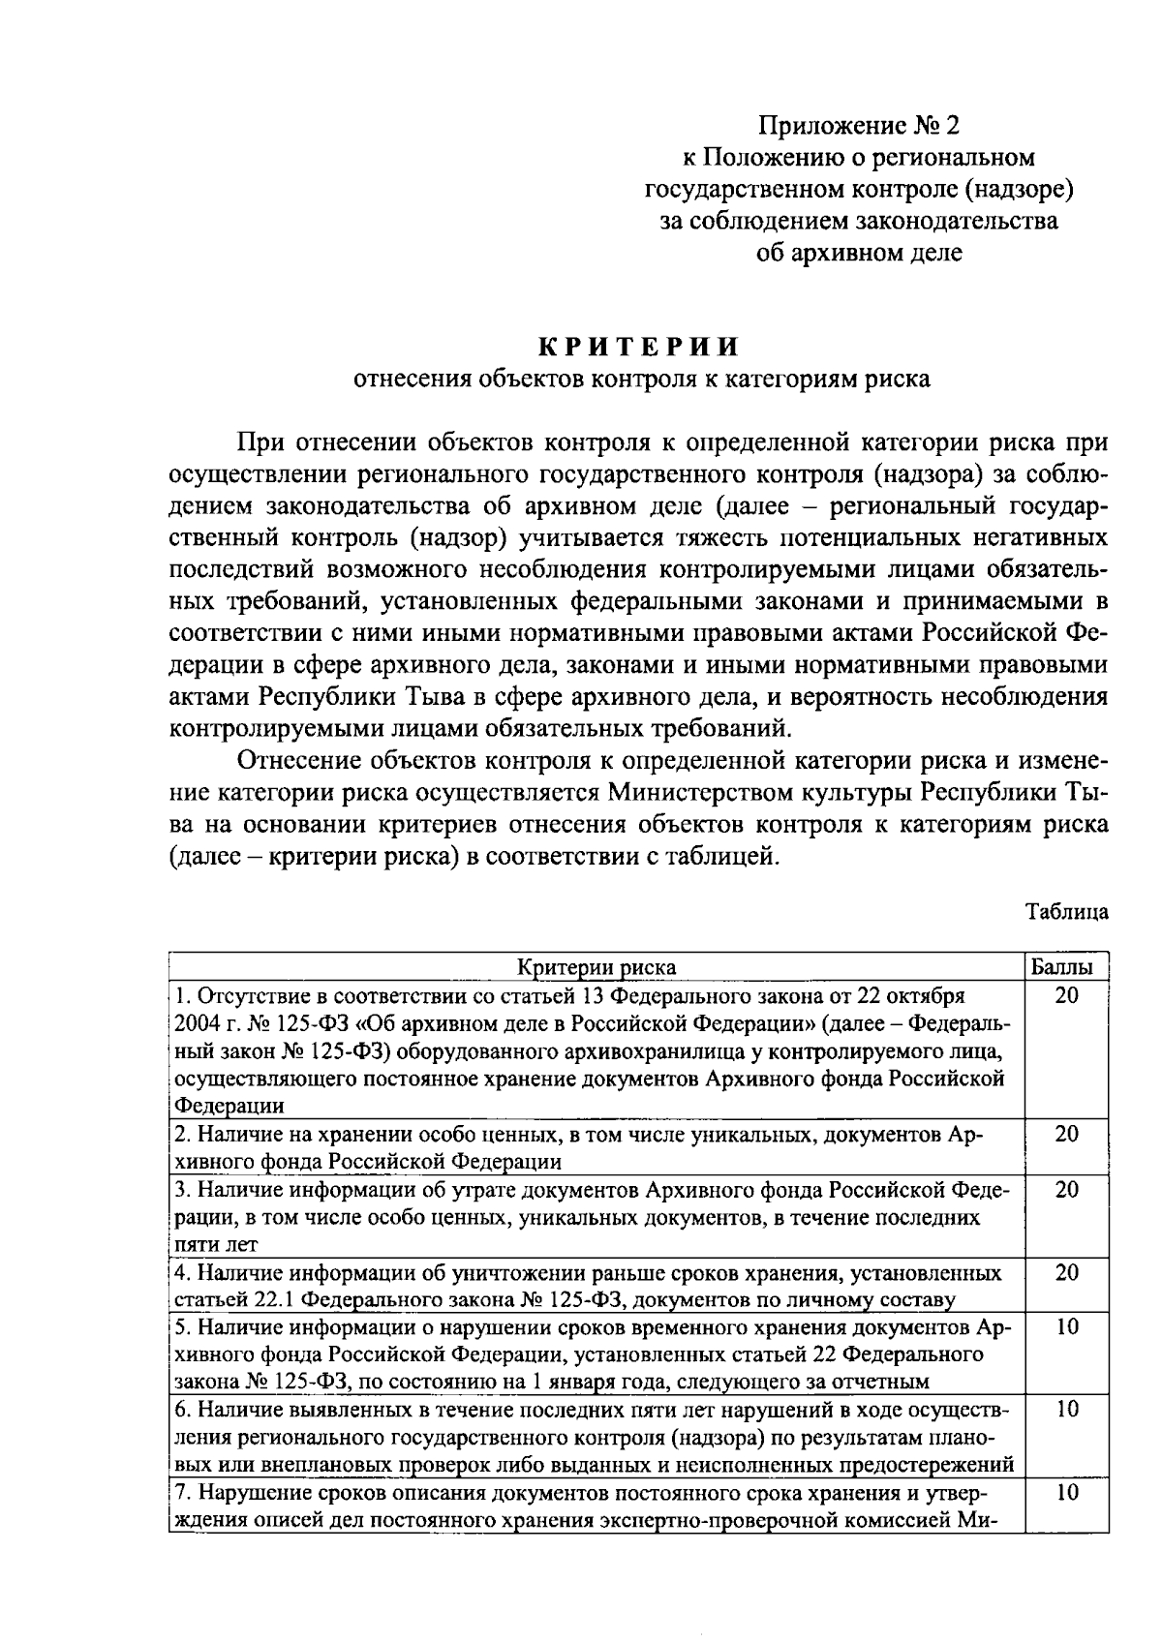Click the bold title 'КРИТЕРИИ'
[x=639, y=347]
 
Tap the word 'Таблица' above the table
[x=1067, y=911]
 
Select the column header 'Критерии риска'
[x=596, y=967]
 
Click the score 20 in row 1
[x=1066, y=995]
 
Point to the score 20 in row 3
[x=1066, y=1189]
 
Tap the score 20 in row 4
[x=1066, y=1272]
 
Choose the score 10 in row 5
[x=1066, y=1327]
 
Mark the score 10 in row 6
[x=1066, y=1410]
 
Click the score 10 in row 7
[x=1066, y=1493]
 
